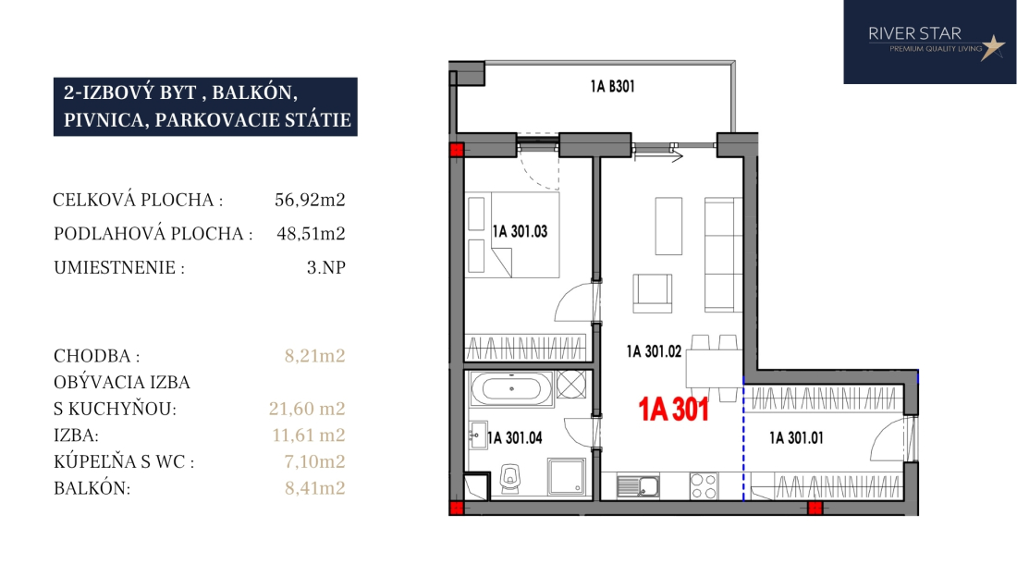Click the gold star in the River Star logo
point(992,46)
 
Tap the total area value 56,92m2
point(310,200)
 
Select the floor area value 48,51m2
point(311,233)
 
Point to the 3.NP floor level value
point(325,267)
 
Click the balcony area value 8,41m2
point(314,487)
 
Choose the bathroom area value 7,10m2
point(314,461)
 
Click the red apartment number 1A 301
point(673,410)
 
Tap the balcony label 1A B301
point(612,86)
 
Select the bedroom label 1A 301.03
point(520,231)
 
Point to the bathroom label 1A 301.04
point(514,438)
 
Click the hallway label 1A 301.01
point(796,438)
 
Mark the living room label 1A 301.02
point(654,351)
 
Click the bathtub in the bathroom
point(512,389)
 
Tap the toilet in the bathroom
point(512,478)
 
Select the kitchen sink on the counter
point(638,485)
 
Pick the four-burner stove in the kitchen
point(704,486)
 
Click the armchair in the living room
point(653,294)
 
